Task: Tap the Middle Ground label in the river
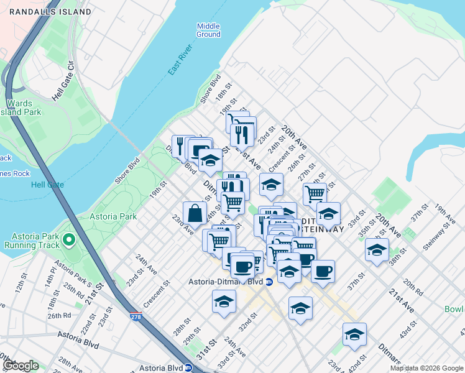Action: (208, 30)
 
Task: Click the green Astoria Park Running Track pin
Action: (68, 239)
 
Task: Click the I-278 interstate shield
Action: (135, 316)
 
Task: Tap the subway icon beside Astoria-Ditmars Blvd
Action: (269, 282)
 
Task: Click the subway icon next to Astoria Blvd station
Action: (188, 367)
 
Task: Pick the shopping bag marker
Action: (195, 213)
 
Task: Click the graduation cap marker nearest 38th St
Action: (377, 250)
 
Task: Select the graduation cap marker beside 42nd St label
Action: (354, 334)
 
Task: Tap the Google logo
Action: (21, 366)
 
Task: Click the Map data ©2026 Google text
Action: (426, 368)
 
